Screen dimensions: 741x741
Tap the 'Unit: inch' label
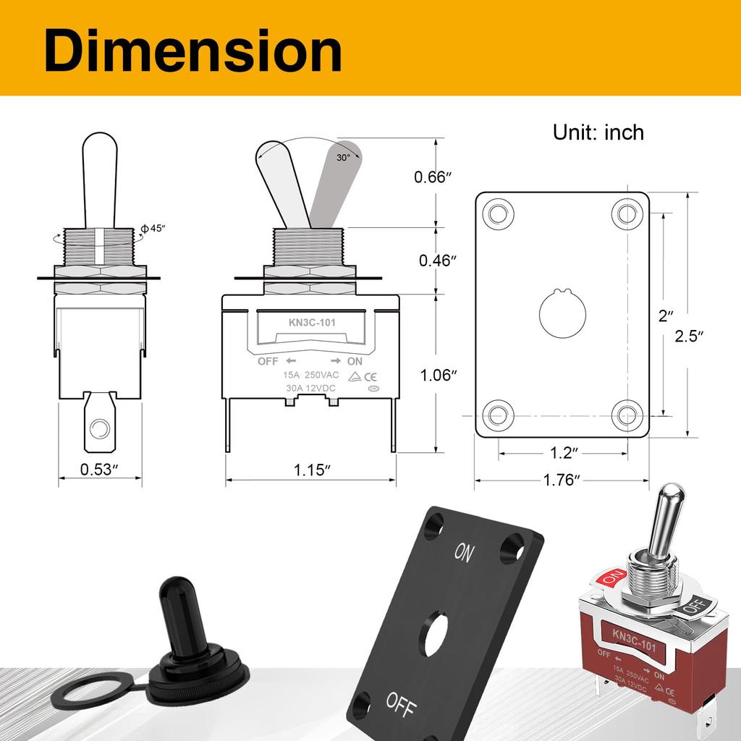click(598, 132)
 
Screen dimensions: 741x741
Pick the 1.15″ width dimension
click(312, 469)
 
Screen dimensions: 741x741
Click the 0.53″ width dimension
click(100, 469)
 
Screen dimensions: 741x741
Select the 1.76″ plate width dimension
click(562, 480)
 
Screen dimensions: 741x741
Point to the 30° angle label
click(343, 157)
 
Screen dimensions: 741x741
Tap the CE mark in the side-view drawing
click(368, 376)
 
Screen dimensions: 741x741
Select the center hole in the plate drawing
click(560, 314)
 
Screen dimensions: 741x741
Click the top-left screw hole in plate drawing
click(496, 213)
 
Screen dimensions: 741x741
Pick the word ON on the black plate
click(464, 554)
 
